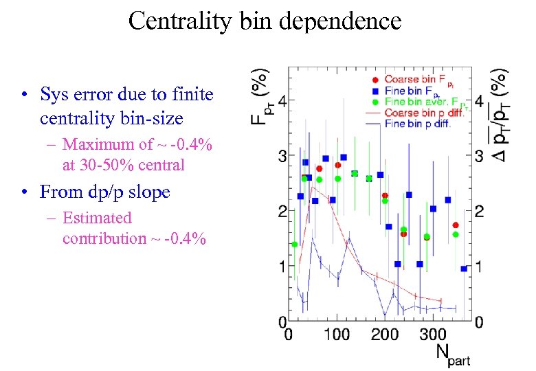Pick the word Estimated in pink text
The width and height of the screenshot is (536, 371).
(97, 218)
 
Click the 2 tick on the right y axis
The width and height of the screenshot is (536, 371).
(479, 211)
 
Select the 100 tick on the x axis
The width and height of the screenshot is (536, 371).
(336, 335)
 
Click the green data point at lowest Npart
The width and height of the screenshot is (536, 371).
(295, 244)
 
